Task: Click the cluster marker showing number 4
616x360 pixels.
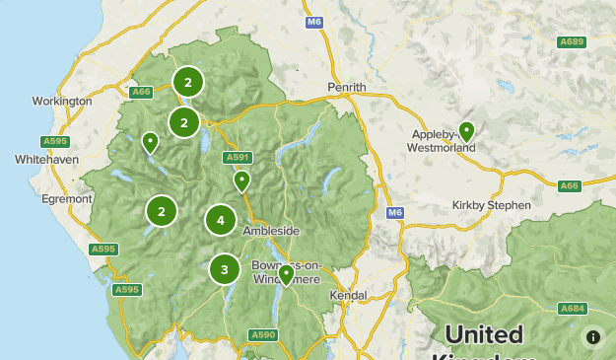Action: point(221,220)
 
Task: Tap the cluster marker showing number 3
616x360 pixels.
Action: point(225,267)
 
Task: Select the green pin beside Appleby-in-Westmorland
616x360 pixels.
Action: point(466,130)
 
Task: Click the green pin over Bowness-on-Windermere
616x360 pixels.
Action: point(285,273)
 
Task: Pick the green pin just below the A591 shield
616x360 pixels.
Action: point(241,180)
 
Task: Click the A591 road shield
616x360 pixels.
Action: point(238,157)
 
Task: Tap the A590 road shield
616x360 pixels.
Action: point(263,335)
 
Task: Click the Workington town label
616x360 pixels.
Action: point(62,101)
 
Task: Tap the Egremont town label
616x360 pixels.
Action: point(66,198)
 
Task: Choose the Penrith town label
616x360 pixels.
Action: point(347,87)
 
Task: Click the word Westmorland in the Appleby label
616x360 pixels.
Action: point(441,148)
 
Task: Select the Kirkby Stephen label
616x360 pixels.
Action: point(492,205)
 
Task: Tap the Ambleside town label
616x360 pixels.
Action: point(271,231)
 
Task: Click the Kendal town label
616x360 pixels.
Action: point(349,295)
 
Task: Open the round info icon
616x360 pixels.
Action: point(592,337)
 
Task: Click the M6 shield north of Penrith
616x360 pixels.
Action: point(314,22)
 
